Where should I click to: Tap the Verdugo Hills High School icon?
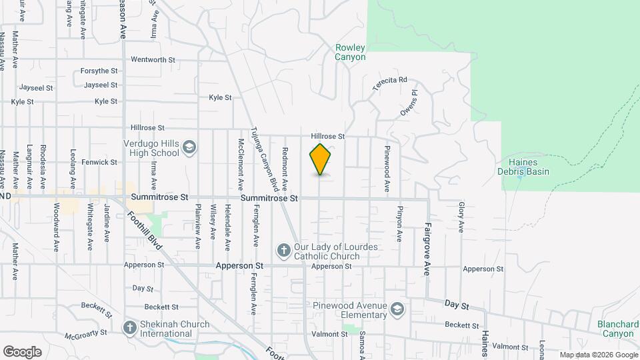click(x=189, y=147)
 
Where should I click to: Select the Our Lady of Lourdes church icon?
click(x=283, y=251)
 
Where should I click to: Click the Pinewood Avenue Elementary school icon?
click(x=397, y=309)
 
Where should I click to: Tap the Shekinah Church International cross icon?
click(x=130, y=328)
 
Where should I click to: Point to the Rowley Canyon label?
click(x=350, y=52)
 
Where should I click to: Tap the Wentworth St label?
click(x=153, y=59)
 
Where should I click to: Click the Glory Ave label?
click(x=461, y=217)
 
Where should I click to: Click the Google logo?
click(x=22, y=351)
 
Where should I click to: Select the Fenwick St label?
click(x=99, y=162)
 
